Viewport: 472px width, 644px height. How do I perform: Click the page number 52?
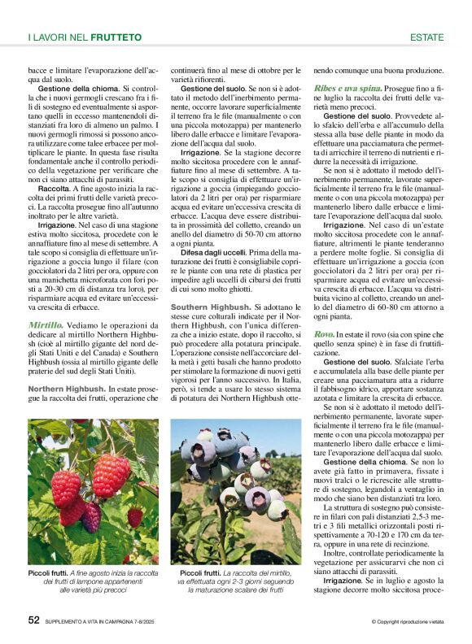point(33,620)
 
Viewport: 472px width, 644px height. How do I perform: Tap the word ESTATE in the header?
point(426,37)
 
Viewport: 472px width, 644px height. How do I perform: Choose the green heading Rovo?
point(324,334)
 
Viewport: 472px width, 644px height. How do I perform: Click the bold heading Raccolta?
point(54,188)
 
